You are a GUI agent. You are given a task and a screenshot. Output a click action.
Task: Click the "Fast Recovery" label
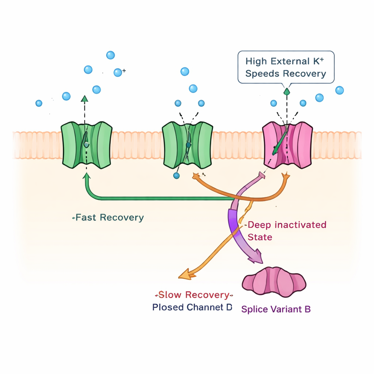click(x=109, y=218)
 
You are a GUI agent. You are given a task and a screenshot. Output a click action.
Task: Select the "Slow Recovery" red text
click(x=194, y=295)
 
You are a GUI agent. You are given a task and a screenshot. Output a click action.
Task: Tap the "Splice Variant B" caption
click(x=276, y=309)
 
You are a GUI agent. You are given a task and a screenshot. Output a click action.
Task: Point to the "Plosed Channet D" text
click(x=192, y=307)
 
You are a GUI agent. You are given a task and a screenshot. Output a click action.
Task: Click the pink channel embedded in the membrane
click(x=288, y=145)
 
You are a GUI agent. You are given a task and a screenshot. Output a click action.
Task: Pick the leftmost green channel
click(x=86, y=145)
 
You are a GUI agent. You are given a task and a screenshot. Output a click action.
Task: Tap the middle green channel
click(x=187, y=145)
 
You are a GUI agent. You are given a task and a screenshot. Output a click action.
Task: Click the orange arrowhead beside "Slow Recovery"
click(x=186, y=274)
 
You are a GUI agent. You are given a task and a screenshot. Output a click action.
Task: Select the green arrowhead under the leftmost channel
click(x=87, y=176)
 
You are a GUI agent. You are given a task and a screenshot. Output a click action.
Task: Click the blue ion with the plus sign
click(x=118, y=72)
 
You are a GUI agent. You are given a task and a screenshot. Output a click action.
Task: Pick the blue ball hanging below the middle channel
click(x=177, y=176)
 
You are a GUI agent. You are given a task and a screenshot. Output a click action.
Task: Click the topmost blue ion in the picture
click(x=110, y=55)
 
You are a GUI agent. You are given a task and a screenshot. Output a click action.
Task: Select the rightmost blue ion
click(x=339, y=90)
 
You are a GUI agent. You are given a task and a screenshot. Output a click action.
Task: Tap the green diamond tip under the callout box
click(x=287, y=91)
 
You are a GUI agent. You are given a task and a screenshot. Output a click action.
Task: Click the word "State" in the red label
click(x=260, y=237)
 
